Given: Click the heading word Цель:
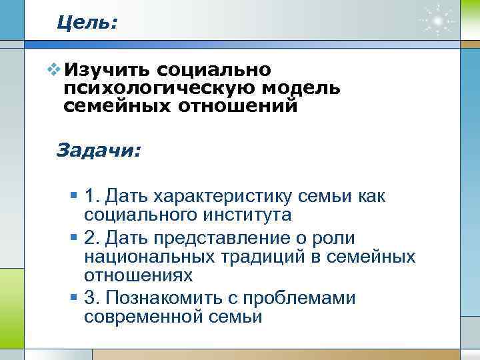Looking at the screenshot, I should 87,23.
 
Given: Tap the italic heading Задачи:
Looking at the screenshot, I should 99,150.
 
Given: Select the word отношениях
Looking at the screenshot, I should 139,275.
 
